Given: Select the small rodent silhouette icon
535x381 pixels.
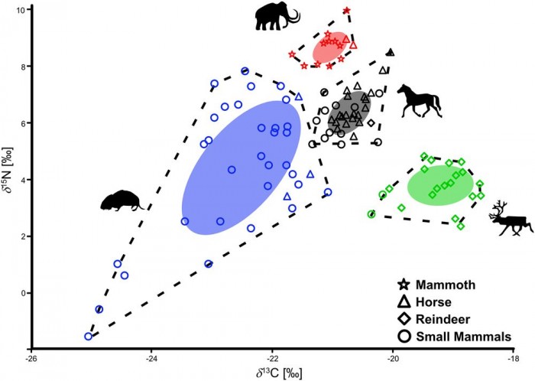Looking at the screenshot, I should coord(122,201).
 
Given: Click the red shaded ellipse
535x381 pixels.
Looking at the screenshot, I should coord(331,49).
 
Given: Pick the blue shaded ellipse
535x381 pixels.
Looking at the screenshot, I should coord(237,167).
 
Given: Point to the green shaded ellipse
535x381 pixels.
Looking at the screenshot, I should coord(436,186).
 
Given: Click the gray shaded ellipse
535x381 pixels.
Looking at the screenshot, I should coord(348,115).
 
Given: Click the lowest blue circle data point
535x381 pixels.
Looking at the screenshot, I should coord(88,336).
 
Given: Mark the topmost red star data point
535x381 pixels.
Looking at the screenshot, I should coord(347,11).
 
